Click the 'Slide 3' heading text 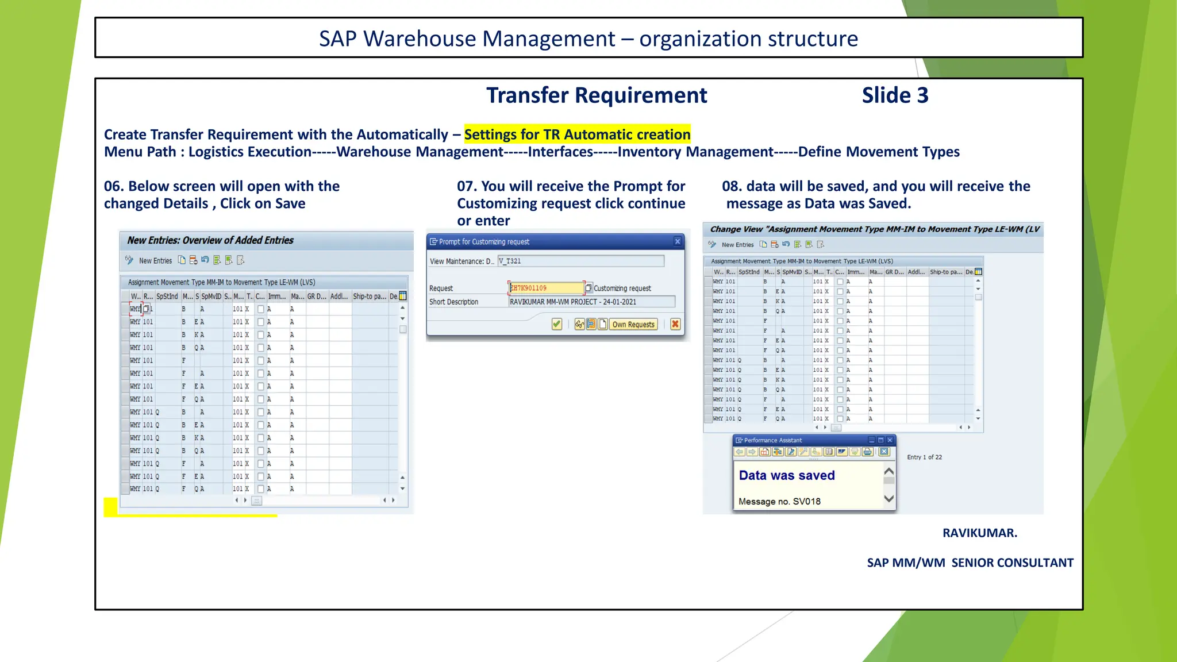click(895, 95)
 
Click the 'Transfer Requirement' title click(597, 95)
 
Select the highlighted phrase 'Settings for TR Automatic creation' click(577, 134)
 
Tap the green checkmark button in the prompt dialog click(556, 324)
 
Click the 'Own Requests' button click(633, 324)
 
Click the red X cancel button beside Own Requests click(675, 324)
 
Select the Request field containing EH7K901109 click(546, 288)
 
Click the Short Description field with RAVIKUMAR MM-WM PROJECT click(591, 302)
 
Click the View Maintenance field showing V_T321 click(580, 261)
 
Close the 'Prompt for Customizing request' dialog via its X click(678, 241)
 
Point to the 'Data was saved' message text click(787, 475)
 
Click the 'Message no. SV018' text click(779, 501)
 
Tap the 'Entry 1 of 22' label click(924, 457)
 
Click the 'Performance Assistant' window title click(773, 440)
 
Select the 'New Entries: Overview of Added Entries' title click(210, 240)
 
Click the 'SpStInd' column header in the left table click(167, 297)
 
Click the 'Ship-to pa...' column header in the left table click(370, 297)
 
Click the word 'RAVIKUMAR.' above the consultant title click(979, 533)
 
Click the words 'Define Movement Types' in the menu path click(879, 152)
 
